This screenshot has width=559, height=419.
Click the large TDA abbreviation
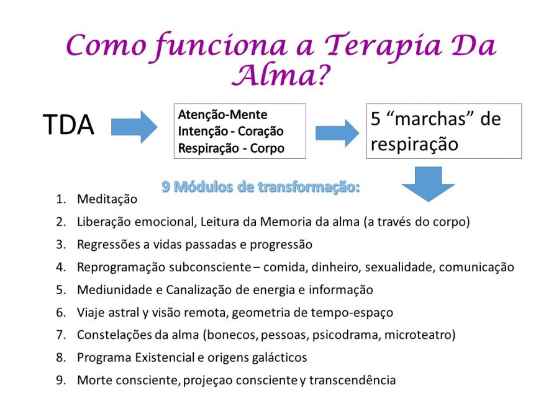68,125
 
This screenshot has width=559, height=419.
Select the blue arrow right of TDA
134,127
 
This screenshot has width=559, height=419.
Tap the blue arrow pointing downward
428,184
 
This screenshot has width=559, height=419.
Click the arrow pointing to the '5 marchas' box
337,133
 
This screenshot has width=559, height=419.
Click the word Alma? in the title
281,75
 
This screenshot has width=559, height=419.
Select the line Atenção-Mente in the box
222,115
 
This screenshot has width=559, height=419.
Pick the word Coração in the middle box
261,132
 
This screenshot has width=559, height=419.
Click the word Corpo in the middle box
267,148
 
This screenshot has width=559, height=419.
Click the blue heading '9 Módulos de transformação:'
261,187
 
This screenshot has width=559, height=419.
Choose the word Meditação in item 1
107,199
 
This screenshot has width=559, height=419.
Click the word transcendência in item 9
352,380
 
